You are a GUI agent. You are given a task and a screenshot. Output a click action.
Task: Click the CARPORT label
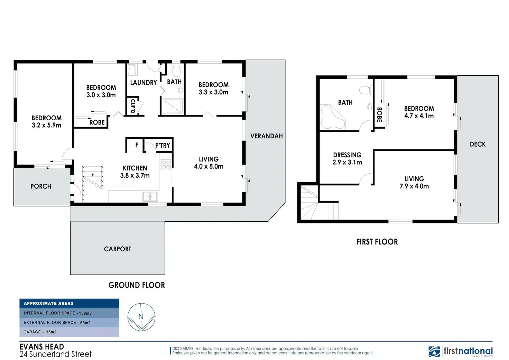118,249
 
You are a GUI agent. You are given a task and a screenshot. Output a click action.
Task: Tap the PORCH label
41,186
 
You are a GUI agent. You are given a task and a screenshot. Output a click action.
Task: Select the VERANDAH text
266,136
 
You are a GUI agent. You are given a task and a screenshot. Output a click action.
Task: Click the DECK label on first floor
478,144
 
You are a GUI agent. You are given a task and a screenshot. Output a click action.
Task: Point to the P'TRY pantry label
163,146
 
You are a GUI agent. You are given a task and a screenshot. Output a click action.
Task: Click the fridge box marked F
136,145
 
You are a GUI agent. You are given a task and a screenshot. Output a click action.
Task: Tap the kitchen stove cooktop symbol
166,165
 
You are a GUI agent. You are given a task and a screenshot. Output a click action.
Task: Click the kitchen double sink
150,197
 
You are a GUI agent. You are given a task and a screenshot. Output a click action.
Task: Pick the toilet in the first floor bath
365,90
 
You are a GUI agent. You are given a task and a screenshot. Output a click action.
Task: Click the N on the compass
141,316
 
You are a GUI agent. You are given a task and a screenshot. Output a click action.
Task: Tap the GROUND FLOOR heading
137,285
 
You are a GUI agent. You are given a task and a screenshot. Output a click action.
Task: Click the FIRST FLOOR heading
377,242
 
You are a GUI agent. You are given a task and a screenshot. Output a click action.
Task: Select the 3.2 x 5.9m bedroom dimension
46,126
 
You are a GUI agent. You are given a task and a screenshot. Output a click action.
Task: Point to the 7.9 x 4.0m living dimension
414,186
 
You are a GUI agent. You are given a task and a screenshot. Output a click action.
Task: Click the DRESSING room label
347,155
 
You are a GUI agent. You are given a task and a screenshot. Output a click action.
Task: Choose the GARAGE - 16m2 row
69,332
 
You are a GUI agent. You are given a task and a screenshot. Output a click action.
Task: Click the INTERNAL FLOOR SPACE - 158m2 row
69,313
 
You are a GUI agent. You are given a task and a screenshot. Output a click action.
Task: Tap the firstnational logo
461,351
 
